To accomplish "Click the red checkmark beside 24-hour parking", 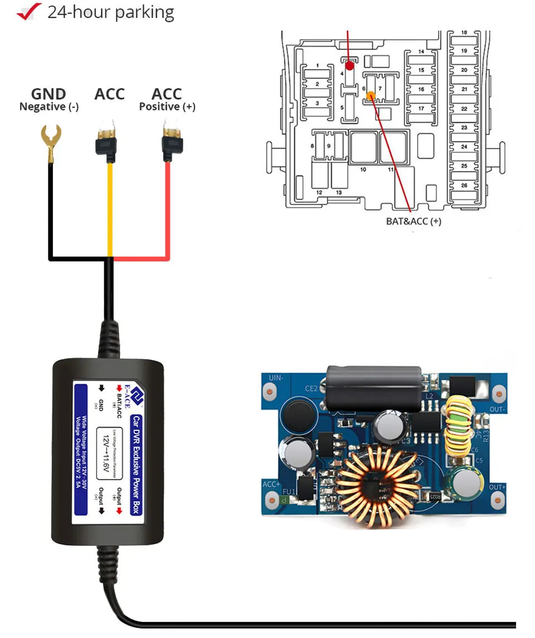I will [29, 11].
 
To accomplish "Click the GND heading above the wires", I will [48, 94].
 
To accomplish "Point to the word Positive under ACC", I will [159, 107].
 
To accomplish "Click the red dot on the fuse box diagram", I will [349, 65].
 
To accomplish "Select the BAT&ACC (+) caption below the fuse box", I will [414, 221].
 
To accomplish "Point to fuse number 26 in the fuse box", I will [464, 185].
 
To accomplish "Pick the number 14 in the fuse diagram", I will [421, 52].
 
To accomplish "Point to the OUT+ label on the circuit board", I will [497, 487].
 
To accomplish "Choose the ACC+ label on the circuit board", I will [271, 485].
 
